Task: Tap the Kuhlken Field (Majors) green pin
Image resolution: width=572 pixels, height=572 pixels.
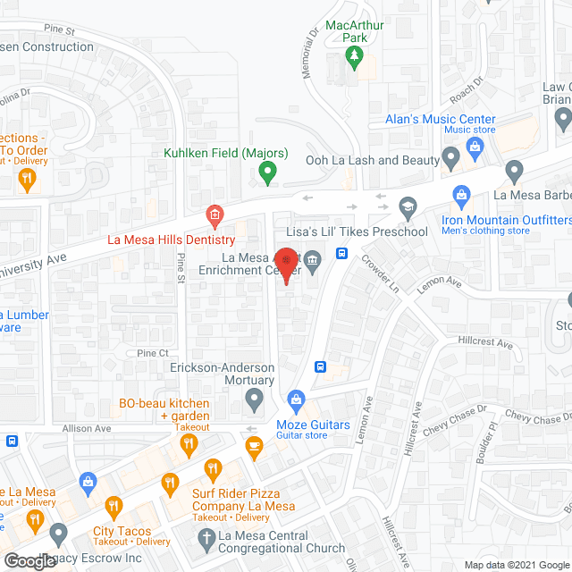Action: coord(266,170)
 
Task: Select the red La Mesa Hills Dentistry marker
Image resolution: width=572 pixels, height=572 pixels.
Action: coord(214,215)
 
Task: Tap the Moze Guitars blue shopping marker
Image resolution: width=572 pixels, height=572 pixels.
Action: coord(296,399)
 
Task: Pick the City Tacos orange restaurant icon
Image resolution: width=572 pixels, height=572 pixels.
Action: coord(114,506)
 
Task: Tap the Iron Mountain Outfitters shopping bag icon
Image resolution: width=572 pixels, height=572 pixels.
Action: coord(462,193)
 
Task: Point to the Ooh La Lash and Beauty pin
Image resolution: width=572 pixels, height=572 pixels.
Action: coord(451,160)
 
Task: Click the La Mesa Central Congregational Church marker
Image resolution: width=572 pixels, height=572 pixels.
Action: coord(201,537)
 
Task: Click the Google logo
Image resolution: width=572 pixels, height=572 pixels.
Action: coord(29,560)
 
